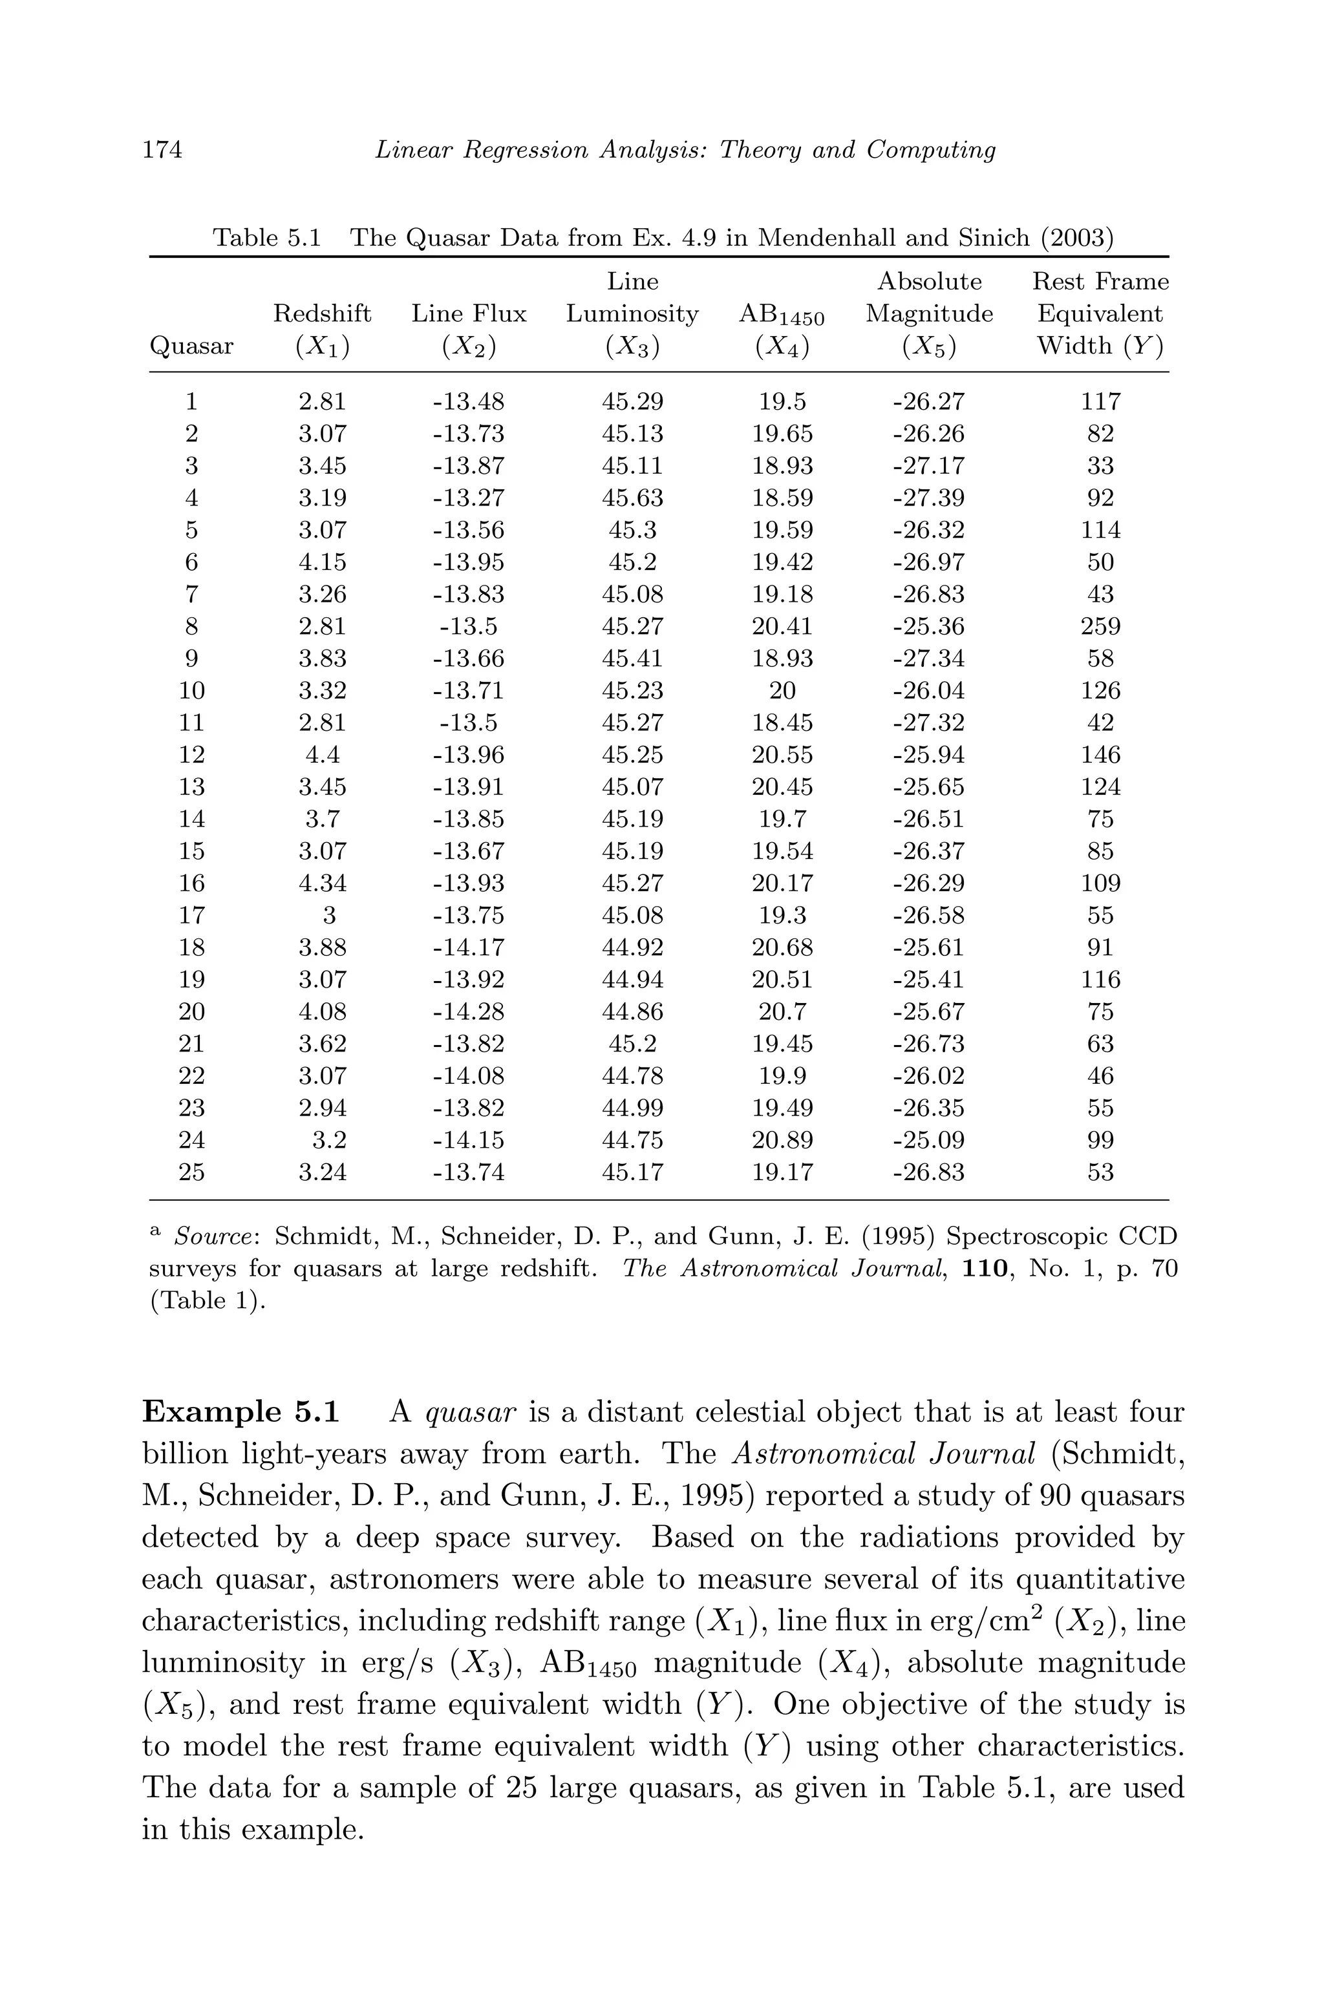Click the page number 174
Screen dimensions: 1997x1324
tap(162, 150)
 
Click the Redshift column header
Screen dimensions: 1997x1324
tap(322, 314)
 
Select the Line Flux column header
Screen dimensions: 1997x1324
tap(469, 314)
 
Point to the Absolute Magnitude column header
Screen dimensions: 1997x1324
tap(929, 298)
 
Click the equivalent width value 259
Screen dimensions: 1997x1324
tap(1100, 626)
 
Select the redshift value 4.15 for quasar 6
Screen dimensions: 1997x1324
tap(322, 562)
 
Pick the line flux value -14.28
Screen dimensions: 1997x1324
tap(468, 1011)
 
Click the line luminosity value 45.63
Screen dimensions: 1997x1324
tap(632, 498)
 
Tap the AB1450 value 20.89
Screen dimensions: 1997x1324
tap(782, 1140)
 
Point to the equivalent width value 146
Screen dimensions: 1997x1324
tap(1100, 755)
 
